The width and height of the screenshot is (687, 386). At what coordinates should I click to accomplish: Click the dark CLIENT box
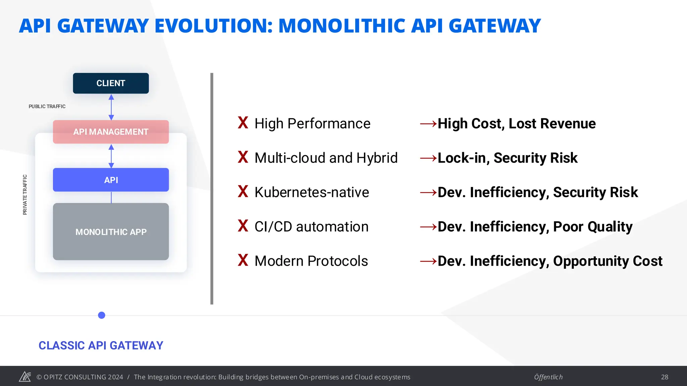pyautogui.click(x=111, y=83)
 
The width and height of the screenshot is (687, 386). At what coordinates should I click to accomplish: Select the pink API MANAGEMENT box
pyautogui.click(x=111, y=132)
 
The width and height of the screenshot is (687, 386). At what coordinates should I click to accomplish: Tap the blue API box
pyautogui.click(x=111, y=180)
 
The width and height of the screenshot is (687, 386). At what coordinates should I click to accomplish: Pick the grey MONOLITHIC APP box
pyautogui.click(x=111, y=232)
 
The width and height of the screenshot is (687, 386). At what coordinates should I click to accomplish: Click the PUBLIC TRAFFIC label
pyautogui.click(x=47, y=106)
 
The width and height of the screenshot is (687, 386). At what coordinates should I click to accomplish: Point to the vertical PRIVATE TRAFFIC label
pyautogui.click(x=25, y=195)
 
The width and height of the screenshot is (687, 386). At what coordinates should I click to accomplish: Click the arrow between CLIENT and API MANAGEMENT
pyautogui.click(x=111, y=107)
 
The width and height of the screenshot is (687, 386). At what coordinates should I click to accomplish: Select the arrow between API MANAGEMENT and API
pyautogui.click(x=111, y=156)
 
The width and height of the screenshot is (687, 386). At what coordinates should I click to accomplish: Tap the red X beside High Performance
pyautogui.click(x=243, y=123)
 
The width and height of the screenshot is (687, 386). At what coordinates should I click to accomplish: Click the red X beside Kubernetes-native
pyautogui.click(x=243, y=191)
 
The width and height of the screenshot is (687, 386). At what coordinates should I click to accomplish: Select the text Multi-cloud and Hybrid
pyautogui.click(x=326, y=158)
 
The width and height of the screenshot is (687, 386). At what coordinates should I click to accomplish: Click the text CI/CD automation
pyautogui.click(x=311, y=227)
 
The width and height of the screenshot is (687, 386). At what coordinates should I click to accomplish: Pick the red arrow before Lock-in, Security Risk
pyautogui.click(x=428, y=158)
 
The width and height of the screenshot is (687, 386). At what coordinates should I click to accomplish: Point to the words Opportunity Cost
pyautogui.click(x=607, y=261)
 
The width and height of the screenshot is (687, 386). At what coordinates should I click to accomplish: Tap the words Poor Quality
pyautogui.click(x=592, y=227)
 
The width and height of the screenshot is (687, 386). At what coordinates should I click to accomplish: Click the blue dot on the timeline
pyautogui.click(x=102, y=315)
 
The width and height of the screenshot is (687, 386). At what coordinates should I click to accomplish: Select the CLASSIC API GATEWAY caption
pyautogui.click(x=101, y=345)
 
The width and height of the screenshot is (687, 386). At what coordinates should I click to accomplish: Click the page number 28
pyautogui.click(x=665, y=377)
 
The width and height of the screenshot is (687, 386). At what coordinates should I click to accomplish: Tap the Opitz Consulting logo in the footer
pyautogui.click(x=25, y=377)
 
